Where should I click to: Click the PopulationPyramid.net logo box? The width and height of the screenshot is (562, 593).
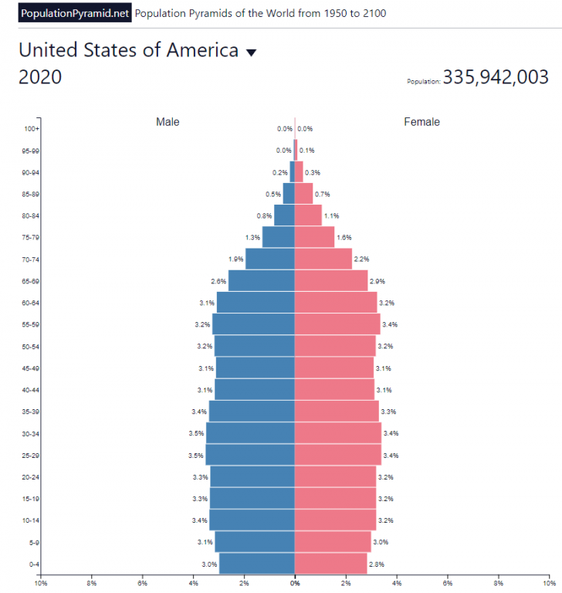(75, 13)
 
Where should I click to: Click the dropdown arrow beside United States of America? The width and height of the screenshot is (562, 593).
(250, 53)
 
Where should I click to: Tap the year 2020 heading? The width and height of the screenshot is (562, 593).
(40, 77)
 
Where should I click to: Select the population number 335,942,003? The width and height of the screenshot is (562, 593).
(496, 77)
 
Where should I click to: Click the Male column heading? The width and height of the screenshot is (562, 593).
(168, 121)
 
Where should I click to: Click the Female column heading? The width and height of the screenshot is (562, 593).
(421, 121)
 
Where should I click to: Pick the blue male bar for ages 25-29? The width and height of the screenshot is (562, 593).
(250, 455)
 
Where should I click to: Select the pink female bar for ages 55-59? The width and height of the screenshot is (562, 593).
(337, 324)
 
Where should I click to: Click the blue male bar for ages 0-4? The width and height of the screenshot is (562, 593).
(257, 564)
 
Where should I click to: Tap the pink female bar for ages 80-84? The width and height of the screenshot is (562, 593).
(308, 215)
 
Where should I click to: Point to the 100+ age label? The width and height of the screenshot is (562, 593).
(32, 129)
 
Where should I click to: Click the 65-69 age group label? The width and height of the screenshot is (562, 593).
(31, 281)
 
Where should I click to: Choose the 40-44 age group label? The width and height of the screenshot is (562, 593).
(31, 389)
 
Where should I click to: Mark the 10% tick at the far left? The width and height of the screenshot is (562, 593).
(41, 583)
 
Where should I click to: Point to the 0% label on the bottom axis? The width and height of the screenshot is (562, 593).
(295, 583)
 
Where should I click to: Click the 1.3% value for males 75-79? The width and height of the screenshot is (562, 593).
(252, 237)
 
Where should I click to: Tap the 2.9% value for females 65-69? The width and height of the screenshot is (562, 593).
(377, 281)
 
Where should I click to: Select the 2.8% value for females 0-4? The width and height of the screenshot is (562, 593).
(376, 564)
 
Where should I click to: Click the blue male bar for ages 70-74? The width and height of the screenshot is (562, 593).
(270, 259)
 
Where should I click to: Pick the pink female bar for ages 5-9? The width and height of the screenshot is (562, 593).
(333, 542)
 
